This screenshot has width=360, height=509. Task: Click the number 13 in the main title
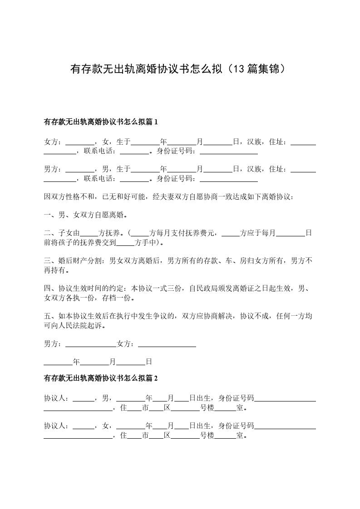pos(240,69)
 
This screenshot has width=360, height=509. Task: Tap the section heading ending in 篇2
pos(100,378)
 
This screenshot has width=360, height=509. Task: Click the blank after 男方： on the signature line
pos(91,345)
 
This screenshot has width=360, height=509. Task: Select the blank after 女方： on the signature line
pos(167,345)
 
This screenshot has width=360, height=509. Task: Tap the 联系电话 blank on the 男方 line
pos(135,179)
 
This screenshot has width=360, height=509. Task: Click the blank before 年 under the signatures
pos(58,362)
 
